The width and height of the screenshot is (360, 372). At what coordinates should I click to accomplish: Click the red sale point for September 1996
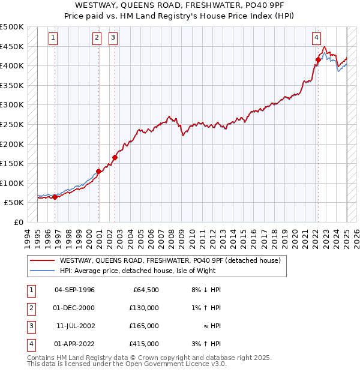(55, 197)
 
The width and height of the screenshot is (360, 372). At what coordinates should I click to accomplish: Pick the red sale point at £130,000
(98, 171)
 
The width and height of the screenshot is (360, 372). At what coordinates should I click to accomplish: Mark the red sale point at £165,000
(115, 158)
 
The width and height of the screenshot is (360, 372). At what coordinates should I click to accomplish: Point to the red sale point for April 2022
(318, 59)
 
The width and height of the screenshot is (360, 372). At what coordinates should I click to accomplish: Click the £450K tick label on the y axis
(12, 46)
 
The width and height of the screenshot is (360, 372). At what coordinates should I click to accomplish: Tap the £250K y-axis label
(12, 124)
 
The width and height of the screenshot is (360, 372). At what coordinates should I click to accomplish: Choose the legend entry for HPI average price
(143, 271)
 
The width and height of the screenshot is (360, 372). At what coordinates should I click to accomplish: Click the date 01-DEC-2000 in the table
(74, 308)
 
